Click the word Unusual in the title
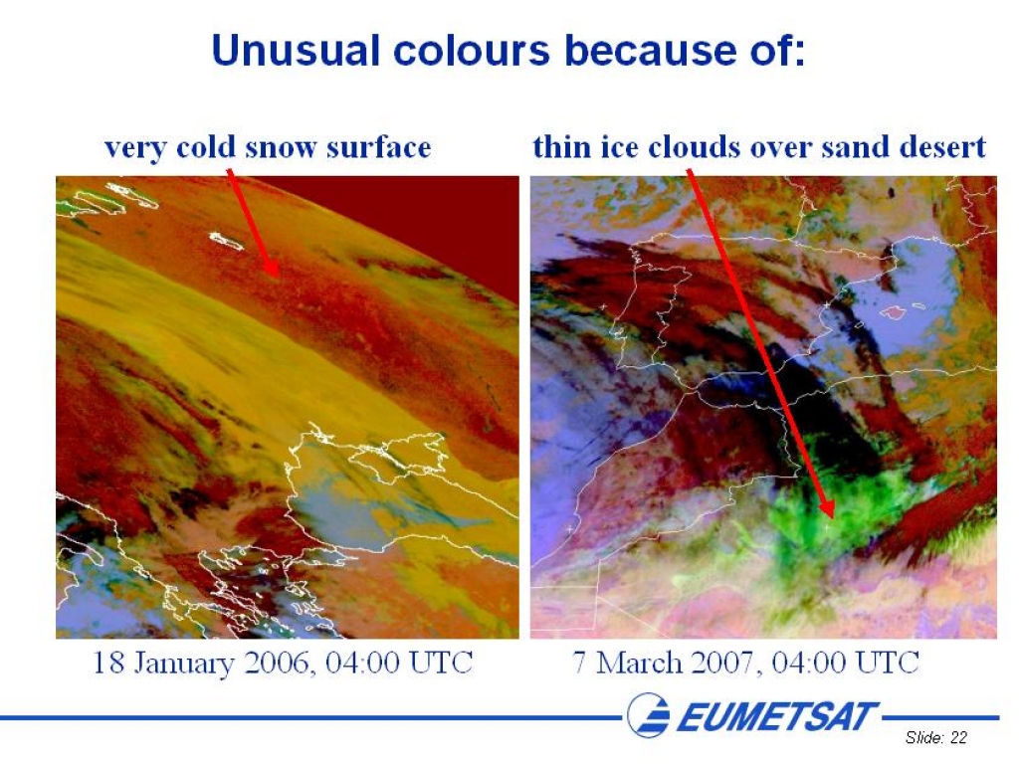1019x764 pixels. (x=296, y=50)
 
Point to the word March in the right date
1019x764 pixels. (x=639, y=663)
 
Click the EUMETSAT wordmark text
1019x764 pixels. (x=777, y=716)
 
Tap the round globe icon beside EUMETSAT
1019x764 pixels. (x=648, y=715)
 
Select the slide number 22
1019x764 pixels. (x=958, y=737)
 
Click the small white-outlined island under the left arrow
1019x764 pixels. (x=226, y=241)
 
